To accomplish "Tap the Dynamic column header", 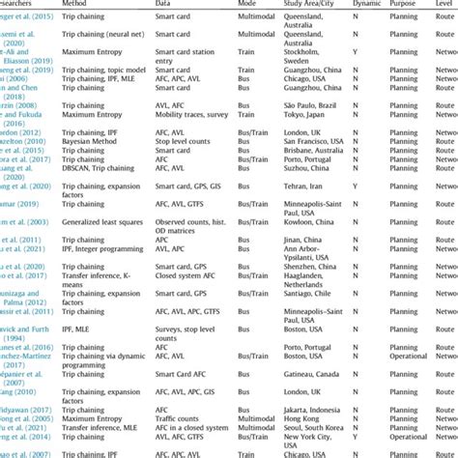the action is pos(357,4).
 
